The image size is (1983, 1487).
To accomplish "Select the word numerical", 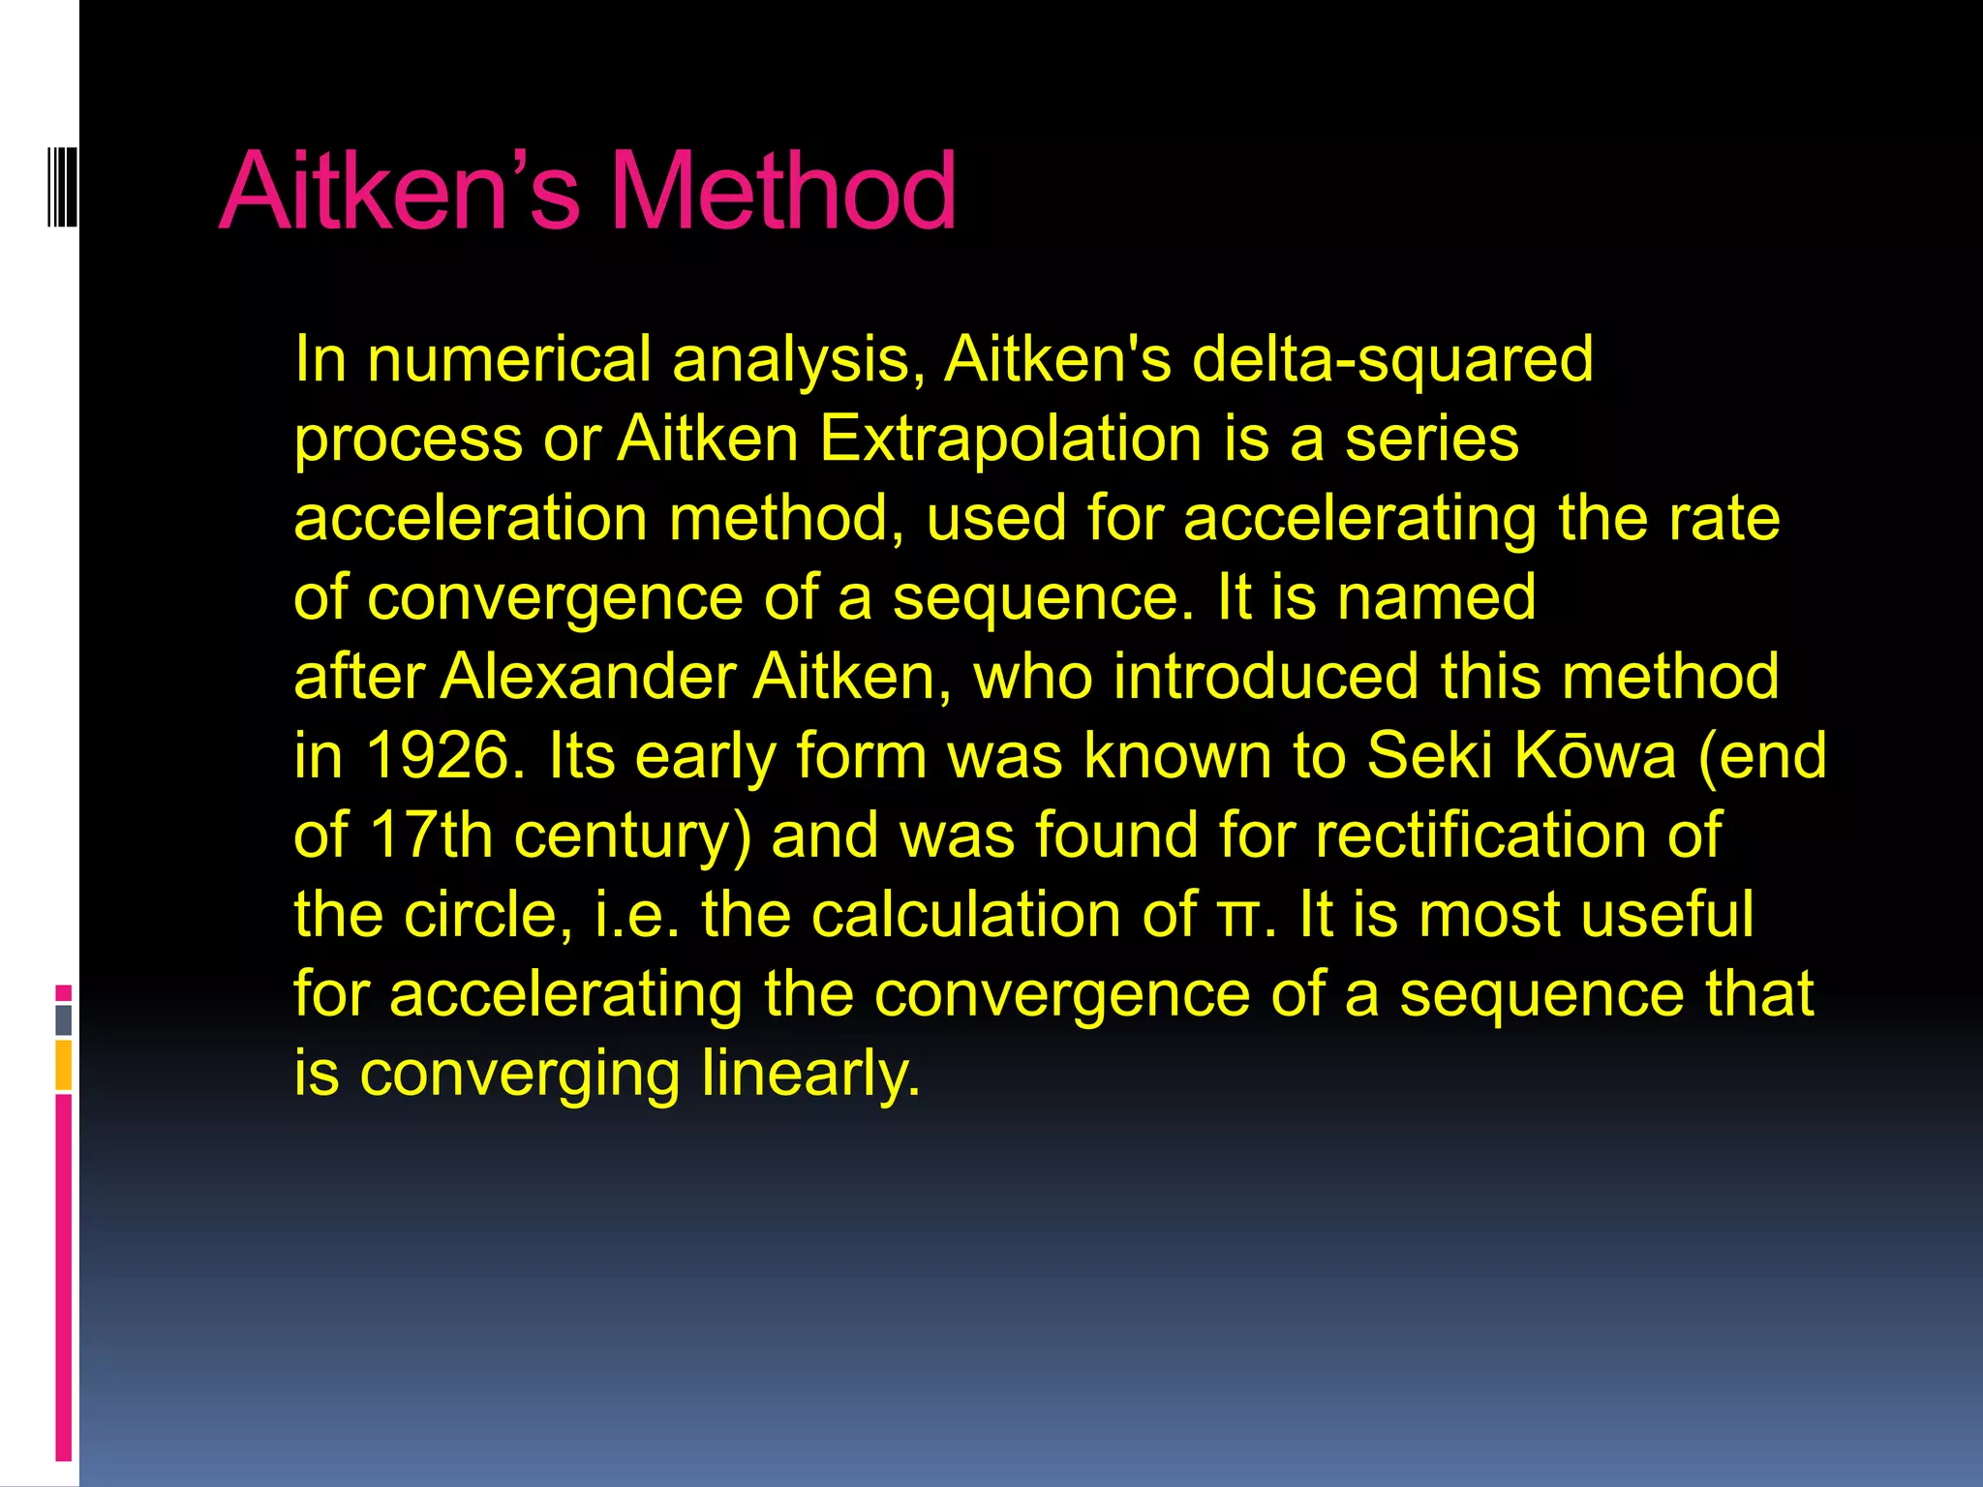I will point(508,360).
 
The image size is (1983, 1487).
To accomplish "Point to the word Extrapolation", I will point(1010,440).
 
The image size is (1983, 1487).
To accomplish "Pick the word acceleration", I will point(471,519).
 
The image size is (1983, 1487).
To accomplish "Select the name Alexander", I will point(588,677).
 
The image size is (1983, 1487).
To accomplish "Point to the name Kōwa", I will point(1594,756).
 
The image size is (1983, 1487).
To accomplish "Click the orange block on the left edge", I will point(64,1065).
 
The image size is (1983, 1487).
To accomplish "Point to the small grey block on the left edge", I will point(64,1020).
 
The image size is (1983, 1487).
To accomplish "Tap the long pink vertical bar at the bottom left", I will point(64,1278).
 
